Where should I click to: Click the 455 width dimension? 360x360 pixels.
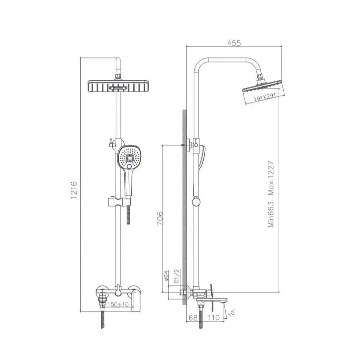pos(235,44)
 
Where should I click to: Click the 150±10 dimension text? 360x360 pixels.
pos(118,304)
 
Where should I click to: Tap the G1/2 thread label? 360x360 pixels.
pos(176,276)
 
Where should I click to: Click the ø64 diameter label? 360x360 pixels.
pos(168,276)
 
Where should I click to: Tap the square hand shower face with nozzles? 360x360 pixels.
pos(130,158)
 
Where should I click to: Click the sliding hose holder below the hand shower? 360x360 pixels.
pos(115,201)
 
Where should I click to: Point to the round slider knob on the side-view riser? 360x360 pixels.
pos(196,202)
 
